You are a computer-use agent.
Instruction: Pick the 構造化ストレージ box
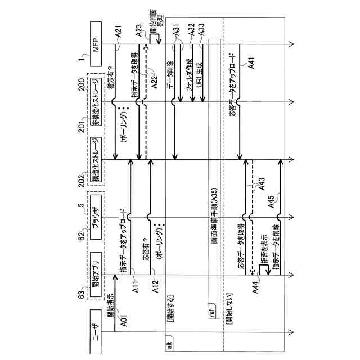[95, 160]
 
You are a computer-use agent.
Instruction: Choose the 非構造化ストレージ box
[95, 102]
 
